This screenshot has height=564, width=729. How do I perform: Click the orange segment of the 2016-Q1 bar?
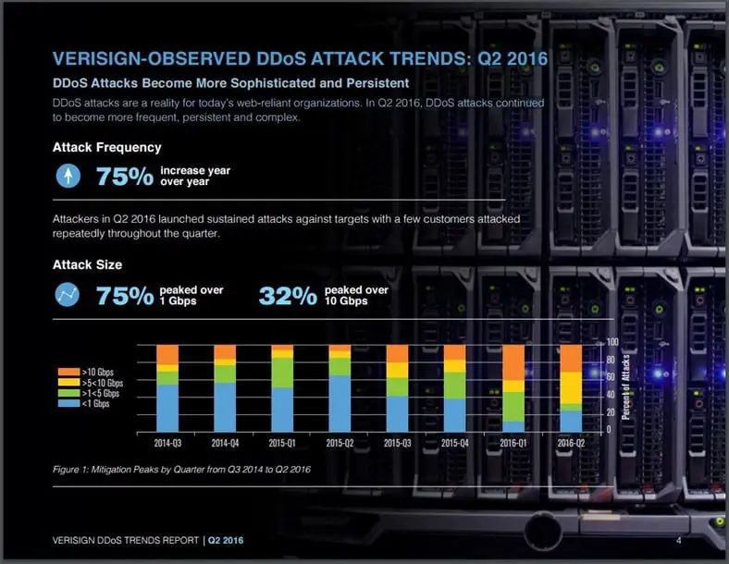513,362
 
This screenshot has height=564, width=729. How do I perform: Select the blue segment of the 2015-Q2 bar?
340,403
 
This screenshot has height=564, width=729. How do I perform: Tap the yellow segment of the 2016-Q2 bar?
571,387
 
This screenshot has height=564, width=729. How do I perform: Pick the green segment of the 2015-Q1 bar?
282,373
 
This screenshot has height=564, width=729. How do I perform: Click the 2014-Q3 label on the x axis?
167,442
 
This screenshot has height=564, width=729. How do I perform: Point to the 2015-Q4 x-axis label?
455,442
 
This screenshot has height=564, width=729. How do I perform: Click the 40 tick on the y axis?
611,396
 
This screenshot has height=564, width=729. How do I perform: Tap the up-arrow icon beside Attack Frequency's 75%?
68,176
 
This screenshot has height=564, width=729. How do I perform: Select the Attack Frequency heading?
107,147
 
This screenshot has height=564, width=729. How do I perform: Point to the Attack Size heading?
87,265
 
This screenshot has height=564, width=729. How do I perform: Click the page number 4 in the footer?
678,540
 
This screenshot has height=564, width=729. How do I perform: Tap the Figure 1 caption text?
181,470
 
